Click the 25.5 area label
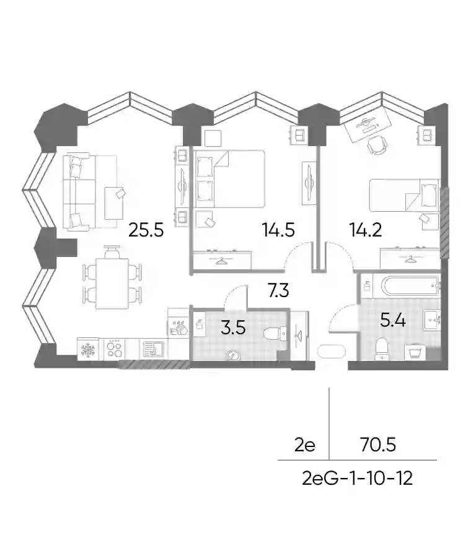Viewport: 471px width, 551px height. point(146,230)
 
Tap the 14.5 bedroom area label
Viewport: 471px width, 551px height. point(278,230)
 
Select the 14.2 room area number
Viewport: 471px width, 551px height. point(366,230)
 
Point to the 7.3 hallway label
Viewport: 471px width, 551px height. point(278,290)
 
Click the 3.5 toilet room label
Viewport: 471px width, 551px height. point(233,328)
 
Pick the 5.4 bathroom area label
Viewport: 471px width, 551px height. point(394,321)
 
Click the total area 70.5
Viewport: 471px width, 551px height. point(378,445)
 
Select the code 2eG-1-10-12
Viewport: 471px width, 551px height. point(358,479)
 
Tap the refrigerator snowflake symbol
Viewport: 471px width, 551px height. point(87,350)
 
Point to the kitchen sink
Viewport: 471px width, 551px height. point(154,349)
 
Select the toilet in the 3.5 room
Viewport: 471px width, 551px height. point(275,334)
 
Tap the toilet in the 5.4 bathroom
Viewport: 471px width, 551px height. point(381,349)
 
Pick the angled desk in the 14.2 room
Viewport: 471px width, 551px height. point(368,124)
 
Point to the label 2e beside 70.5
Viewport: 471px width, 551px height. point(305,445)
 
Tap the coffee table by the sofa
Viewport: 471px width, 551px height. point(114,203)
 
